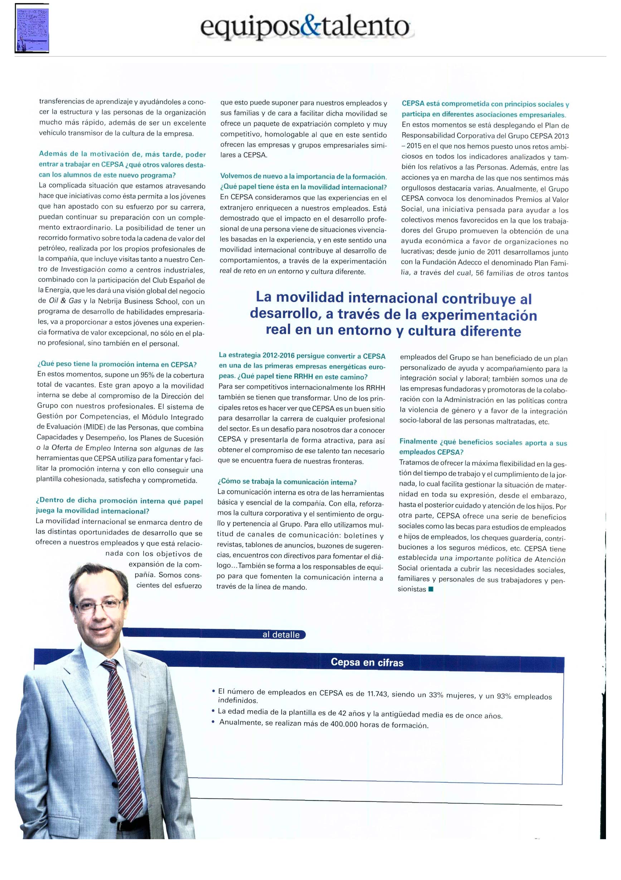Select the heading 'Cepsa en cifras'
[x=367, y=662]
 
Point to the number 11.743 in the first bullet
[x=377, y=694]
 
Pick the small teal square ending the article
[x=431, y=589]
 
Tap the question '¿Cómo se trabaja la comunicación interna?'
[x=287, y=482]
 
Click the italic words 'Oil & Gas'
[x=65, y=301]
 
